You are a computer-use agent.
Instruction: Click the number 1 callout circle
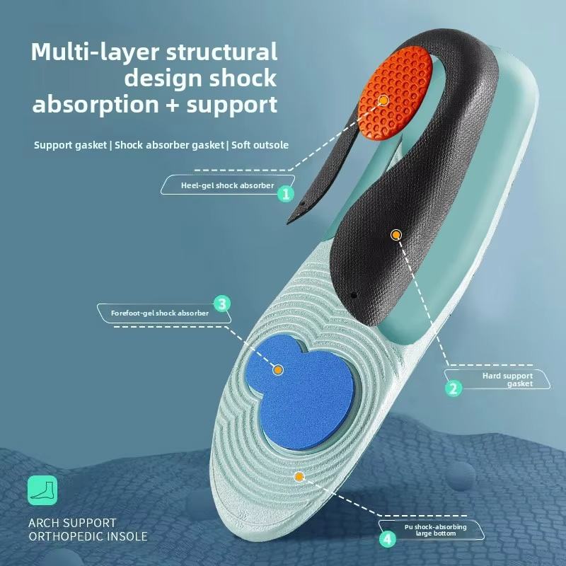pos(286,193)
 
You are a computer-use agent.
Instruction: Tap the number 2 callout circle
pos(454,387)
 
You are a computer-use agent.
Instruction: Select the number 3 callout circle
pos(222,304)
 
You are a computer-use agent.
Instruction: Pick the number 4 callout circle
pos(387,538)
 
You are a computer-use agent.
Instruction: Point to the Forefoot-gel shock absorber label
pos(160,313)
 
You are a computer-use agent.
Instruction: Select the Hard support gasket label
pos(507,379)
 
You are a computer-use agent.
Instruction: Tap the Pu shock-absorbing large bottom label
pos(437,529)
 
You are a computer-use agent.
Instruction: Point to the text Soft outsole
pos(260,145)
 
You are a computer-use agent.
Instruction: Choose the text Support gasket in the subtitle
pos(69,145)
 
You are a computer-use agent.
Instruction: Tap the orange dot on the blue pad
pos(278,369)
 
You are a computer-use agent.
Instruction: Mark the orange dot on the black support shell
pos(395,233)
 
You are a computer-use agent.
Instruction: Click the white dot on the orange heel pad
pos(383,100)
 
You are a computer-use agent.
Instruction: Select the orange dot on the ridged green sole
pos(299,477)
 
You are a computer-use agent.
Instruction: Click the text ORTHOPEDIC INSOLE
pos(88,536)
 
